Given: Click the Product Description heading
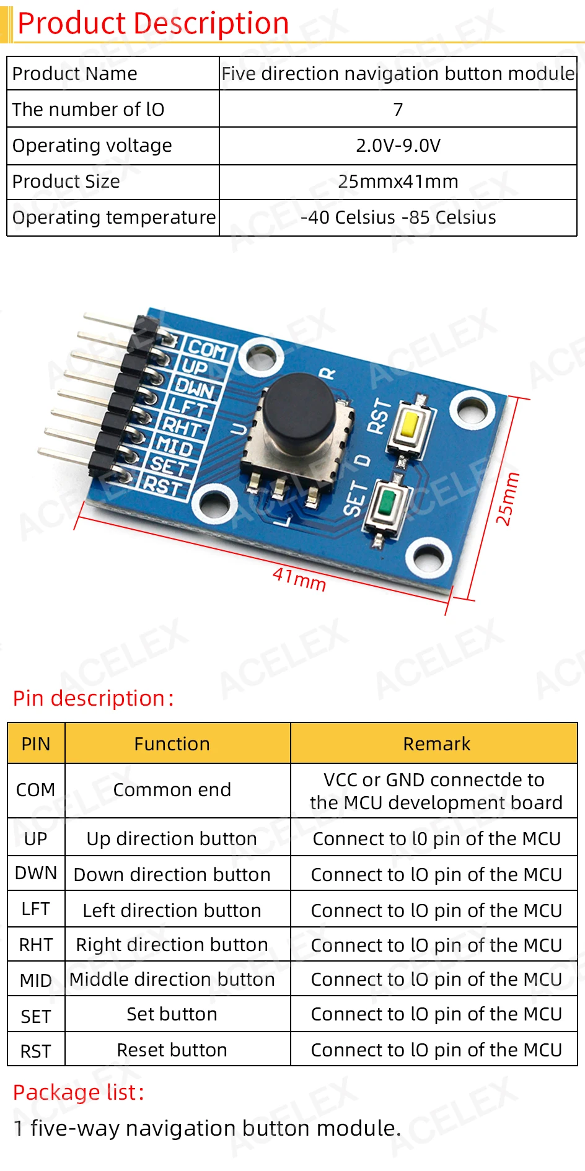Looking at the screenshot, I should tap(153, 24).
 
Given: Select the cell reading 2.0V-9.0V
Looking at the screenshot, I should tap(398, 146).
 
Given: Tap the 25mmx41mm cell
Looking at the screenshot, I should tap(398, 182).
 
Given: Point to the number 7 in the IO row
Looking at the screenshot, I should tap(398, 110).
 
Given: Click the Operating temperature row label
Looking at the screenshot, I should tap(114, 217).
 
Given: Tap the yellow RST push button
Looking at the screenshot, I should tap(410, 427).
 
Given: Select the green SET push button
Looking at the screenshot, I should tap(387, 502).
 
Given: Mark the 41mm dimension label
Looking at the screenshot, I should tap(299, 579).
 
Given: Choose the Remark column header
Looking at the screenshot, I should tap(436, 743).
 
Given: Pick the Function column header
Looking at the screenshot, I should tap(172, 743).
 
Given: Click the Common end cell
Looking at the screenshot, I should tap(172, 790).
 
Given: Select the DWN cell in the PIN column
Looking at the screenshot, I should tap(36, 873).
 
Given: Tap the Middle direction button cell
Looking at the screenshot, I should tap(172, 980).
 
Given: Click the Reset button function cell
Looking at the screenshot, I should tap(172, 1050).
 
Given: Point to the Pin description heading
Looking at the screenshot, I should tap(93, 698).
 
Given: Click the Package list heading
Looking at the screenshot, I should tap(79, 1092).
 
